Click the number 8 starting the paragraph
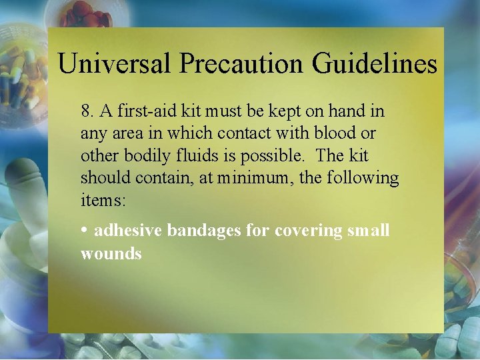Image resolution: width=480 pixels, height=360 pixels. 85,110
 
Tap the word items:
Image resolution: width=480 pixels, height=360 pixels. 99,201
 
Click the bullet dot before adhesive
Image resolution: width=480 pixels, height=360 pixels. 85,229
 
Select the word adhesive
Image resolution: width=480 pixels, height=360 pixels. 128,231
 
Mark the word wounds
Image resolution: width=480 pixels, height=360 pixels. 111,253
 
